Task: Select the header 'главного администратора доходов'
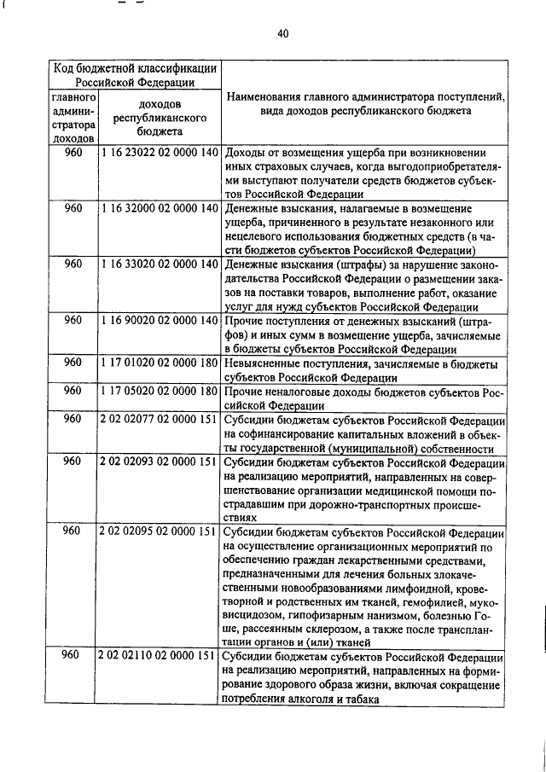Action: tap(73, 118)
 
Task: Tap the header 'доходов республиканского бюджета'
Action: tap(157, 118)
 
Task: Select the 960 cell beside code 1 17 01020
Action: tap(73, 363)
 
